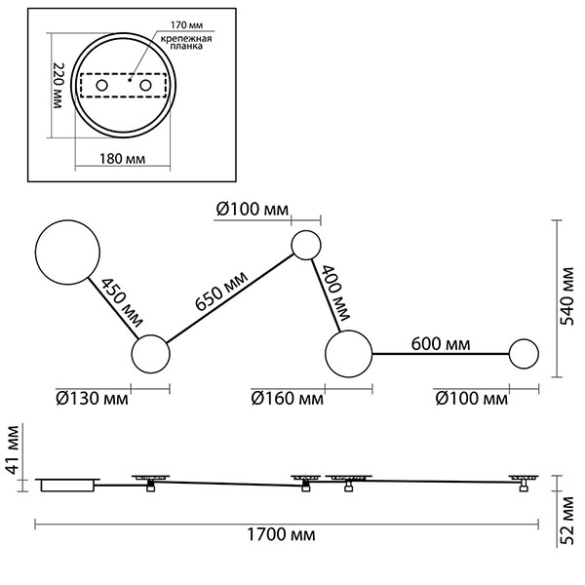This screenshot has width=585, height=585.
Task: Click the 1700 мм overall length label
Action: [x=281, y=535]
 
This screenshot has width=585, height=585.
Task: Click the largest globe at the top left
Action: [x=67, y=250]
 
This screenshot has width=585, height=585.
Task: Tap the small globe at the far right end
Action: [x=525, y=354]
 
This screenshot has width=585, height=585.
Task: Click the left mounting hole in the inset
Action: [x=101, y=86]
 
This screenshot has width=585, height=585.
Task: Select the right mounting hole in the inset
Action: [x=146, y=86]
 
